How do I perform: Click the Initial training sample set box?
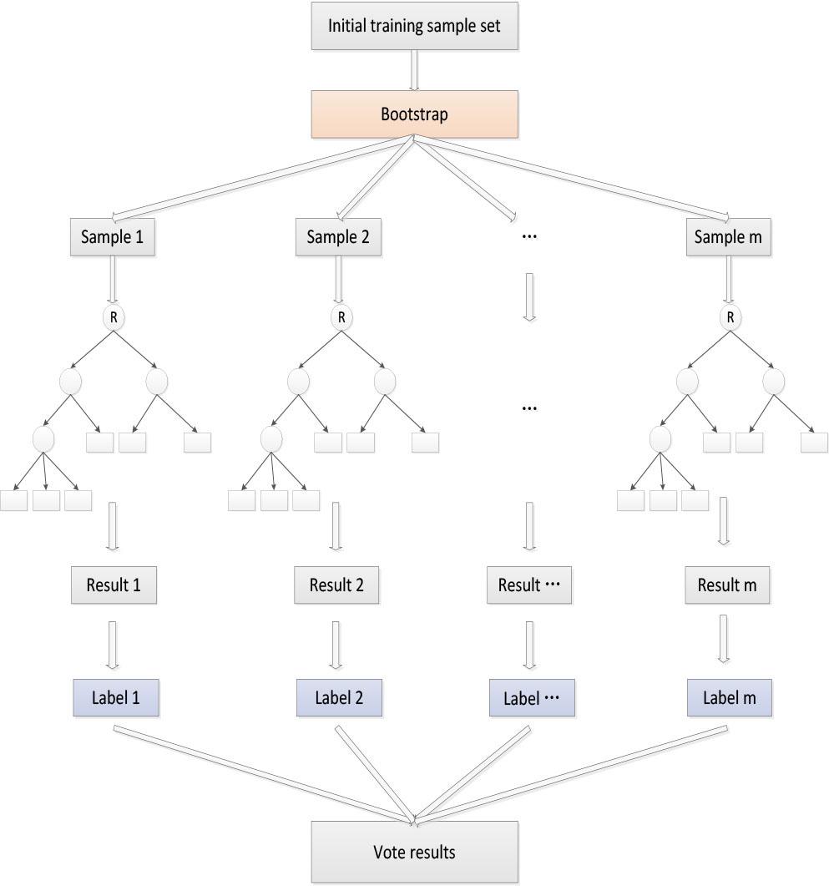(414, 25)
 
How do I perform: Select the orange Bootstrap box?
(414, 114)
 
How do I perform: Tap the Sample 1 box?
(112, 237)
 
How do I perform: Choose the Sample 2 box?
(338, 237)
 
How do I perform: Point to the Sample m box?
(729, 237)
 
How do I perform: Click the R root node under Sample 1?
(113, 317)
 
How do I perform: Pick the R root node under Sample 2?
(340, 317)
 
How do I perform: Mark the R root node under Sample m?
(730, 317)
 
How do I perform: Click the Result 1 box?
(113, 585)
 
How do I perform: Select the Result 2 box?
(336, 585)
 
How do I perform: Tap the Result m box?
(727, 585)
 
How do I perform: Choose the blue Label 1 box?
(115, 698)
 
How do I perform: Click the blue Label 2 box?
(339, 698)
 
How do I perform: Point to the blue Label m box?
(729, 698)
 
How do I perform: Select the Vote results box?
(414, 853)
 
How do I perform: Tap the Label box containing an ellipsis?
(532, 699)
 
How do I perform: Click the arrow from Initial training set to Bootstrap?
(414, 70)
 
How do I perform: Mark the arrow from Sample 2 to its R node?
(338, 279)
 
